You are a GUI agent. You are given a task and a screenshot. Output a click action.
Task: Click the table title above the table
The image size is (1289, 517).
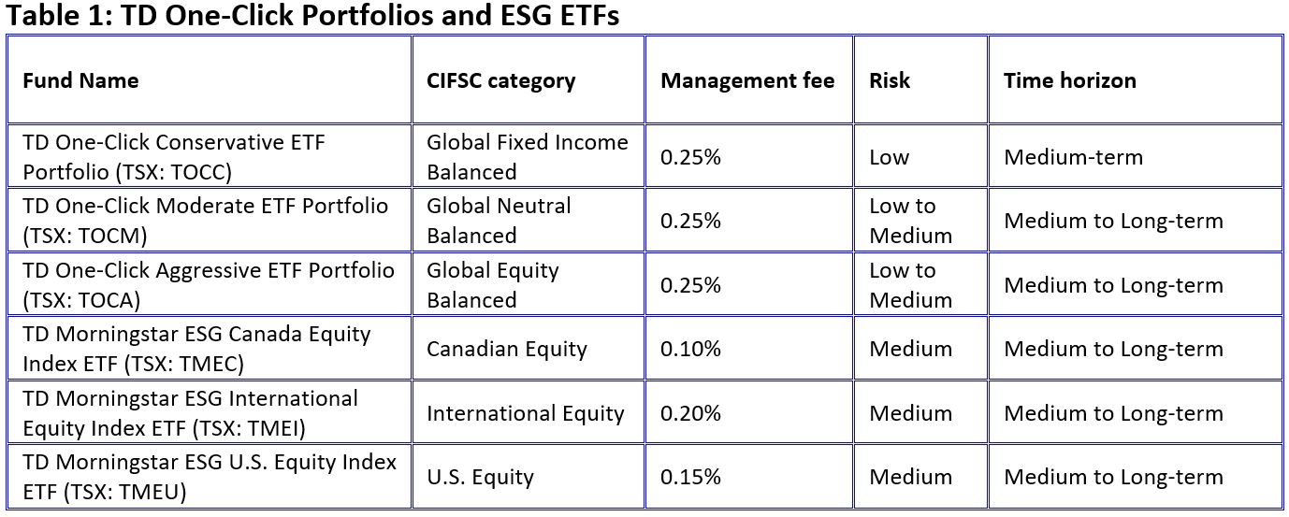[x=312, y=15]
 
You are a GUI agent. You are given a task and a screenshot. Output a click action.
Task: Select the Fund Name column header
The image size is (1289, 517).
[x=80, y=80]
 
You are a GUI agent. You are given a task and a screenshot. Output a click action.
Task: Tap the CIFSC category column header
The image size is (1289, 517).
[x=500, y=81]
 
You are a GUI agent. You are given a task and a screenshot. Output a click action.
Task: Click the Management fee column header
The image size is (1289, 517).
[x=747, y=80]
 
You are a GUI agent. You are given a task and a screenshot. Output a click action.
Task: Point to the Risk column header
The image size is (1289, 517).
[x=889, y=80]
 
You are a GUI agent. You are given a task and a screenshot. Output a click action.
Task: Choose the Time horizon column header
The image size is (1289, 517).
[x=1070, y=80]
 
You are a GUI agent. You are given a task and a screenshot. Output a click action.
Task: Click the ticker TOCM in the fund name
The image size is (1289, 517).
[x=114, y=236]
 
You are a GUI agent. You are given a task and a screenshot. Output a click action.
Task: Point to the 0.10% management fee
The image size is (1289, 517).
[x=690, y=349]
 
